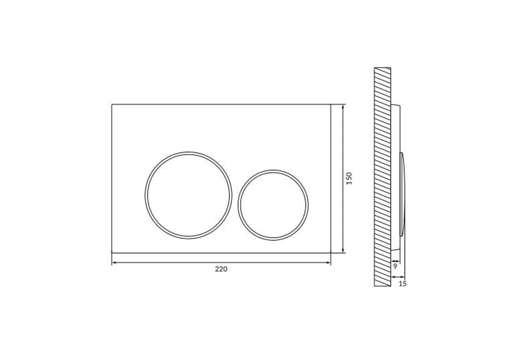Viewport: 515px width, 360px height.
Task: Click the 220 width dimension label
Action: tap(221, 269)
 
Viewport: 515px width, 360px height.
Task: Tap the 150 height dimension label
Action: tap(349, 178)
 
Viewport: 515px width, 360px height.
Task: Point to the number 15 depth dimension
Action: tap(402, 284)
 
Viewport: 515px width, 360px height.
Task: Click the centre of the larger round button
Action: tap(188, 195)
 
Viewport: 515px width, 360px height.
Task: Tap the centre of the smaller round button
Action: tap(273, 205)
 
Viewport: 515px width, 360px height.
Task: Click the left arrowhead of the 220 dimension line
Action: tap(114, 263)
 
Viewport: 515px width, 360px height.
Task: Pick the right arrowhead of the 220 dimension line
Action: tap(328, 263)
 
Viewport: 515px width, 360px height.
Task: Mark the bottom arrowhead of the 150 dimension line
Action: tap(343, 251)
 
